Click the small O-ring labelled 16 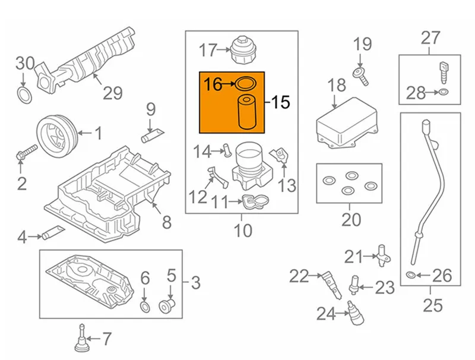pos(246,84)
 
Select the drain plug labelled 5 pos(168,305)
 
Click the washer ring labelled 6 pos(145,306)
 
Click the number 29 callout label pos(112,93)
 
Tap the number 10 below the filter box pos(243,228)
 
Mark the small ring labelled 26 pos(410,275)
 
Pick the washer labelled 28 pos(443,91)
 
